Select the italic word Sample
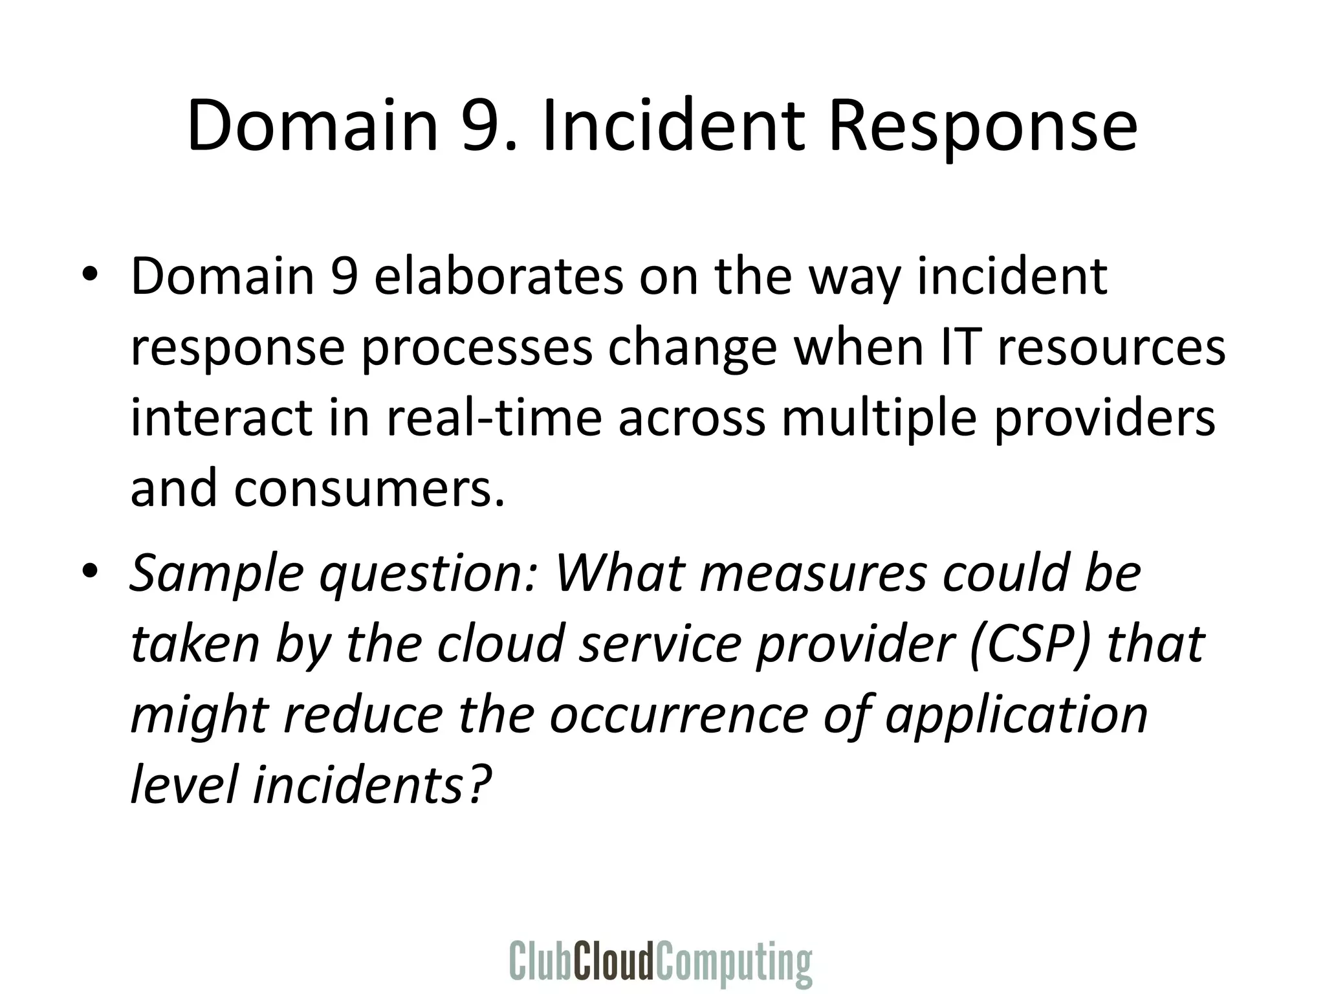tap(216, 574)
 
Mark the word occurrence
tap(679, 716)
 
